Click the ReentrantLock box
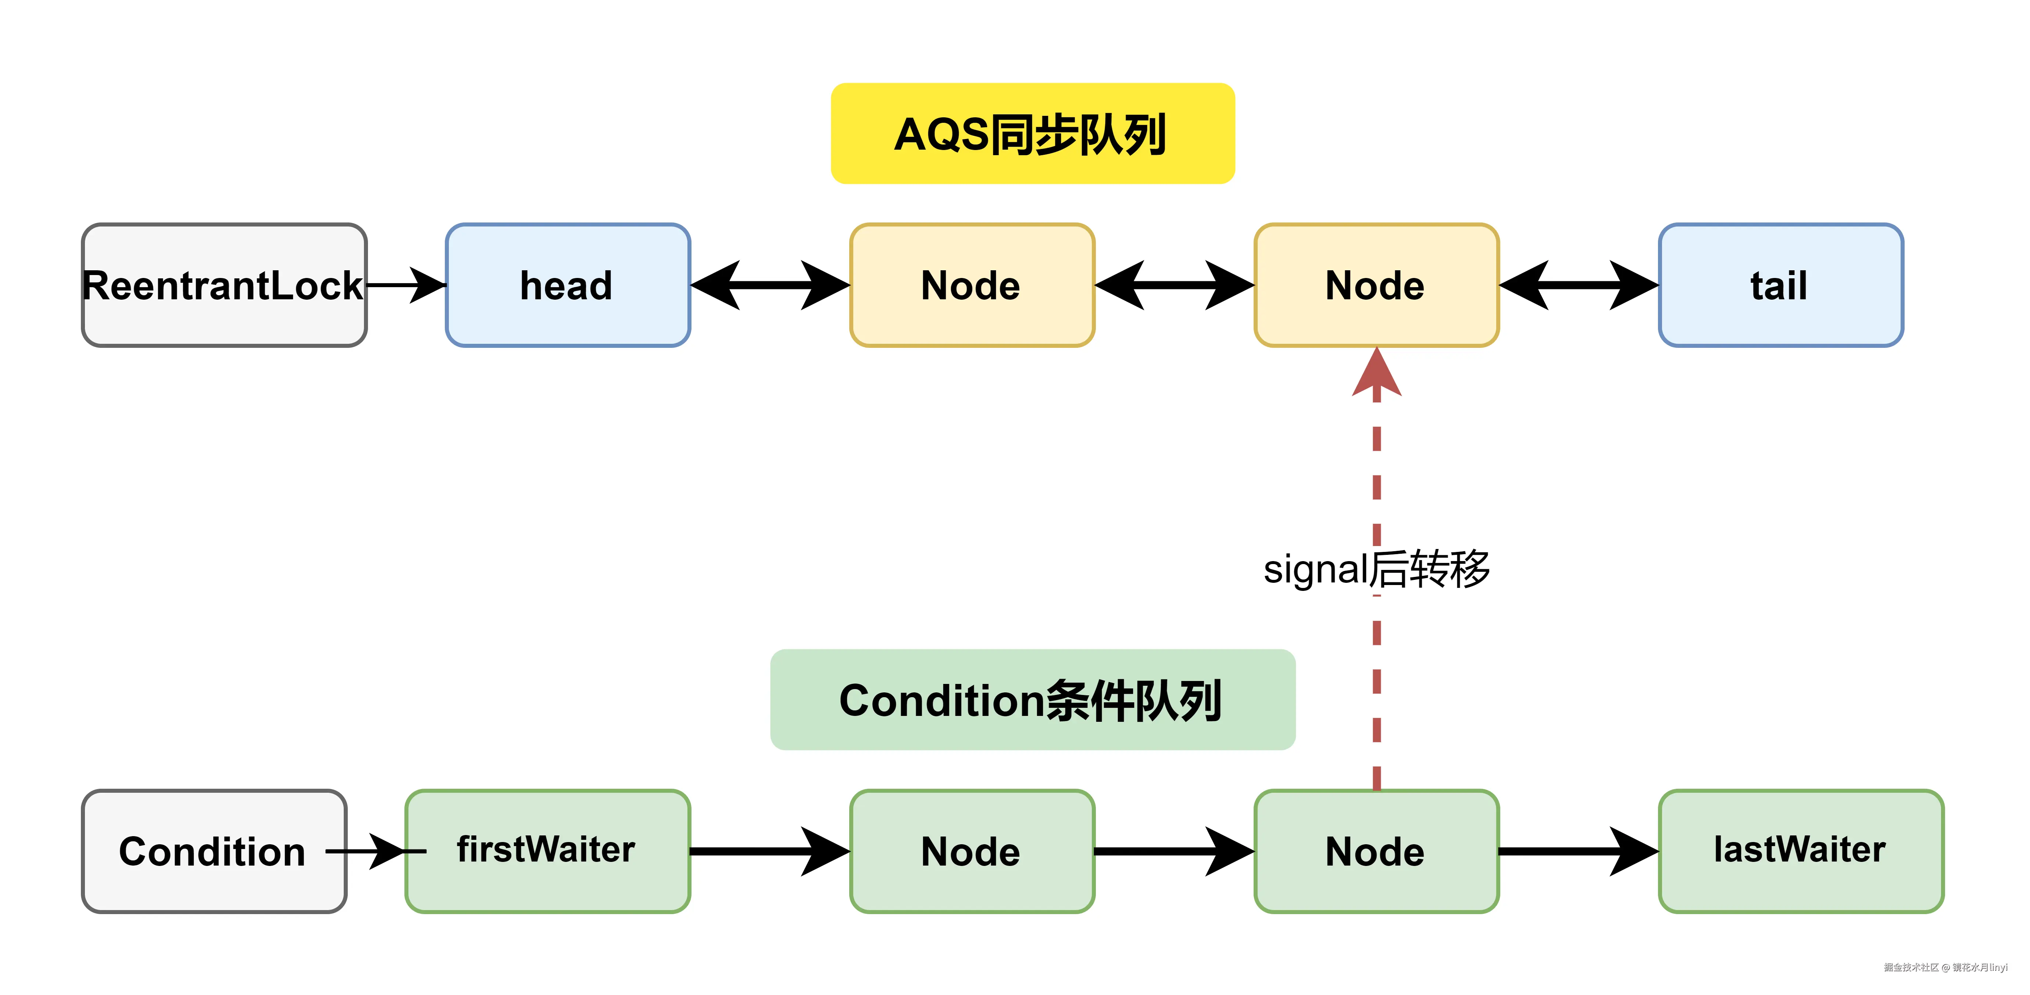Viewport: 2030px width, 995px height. click(x=224, y=285)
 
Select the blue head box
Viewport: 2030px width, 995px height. click(x=567, y=285)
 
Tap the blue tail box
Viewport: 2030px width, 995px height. click(x=1780, y=285)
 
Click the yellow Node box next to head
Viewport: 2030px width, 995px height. click(x=972, y=285)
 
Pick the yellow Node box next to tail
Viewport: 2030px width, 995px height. click(x=1376, y=285)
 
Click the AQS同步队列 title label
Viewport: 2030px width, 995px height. click(x=1032, y=133)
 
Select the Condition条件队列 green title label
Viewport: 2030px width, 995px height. click(x=1032, y=699)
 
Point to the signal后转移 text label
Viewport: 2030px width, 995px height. click(x=1376, y=568)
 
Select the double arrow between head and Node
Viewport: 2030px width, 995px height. click(x=770, y=285)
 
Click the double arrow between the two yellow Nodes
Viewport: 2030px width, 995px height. click(x=1174, y=285)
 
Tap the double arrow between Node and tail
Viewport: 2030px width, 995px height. click(x=1579, y=285)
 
